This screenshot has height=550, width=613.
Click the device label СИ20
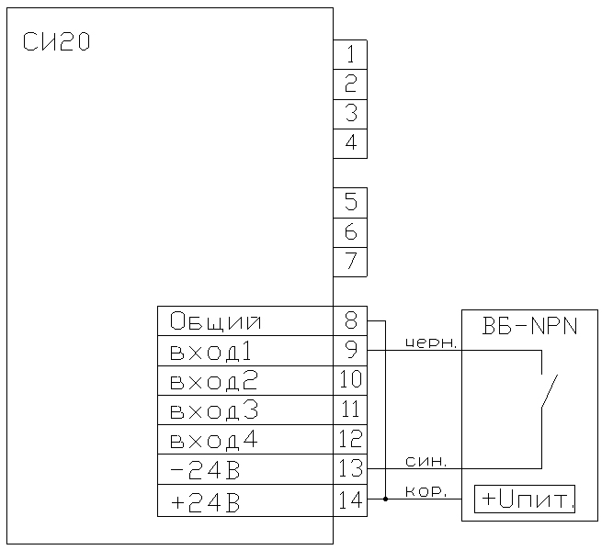point(56,42)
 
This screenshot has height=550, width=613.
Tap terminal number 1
point(351,54)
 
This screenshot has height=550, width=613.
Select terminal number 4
point(351,142)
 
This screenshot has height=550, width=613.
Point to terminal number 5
point(351,202)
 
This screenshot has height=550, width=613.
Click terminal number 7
point(351,261)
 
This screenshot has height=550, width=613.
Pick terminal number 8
point(351,320)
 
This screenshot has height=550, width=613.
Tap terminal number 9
point(351,350)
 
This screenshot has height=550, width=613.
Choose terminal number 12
point(351,438)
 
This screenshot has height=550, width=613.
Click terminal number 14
point(351,499)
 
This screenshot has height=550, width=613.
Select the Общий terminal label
point(215,322)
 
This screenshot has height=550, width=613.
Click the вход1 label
point(210,351)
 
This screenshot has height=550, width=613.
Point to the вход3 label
point(214,410)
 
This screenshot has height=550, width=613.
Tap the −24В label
point(205,470)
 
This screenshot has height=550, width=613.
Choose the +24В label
point(205,502)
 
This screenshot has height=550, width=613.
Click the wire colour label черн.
point(431,343)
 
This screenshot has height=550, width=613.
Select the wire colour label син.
point(426,462)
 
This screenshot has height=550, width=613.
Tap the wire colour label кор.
point(426,492)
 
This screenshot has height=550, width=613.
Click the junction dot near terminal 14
point(385,499)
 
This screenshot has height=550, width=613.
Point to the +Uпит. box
point(525,499)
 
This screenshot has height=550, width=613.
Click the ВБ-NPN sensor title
point(529,326)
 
